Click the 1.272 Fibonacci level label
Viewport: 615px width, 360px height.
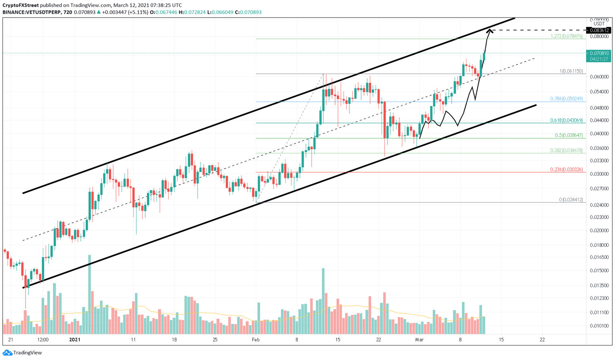566,36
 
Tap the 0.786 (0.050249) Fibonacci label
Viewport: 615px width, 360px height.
566,99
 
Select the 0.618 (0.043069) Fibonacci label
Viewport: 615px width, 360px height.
566,120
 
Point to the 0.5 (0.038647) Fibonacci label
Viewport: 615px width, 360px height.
569,135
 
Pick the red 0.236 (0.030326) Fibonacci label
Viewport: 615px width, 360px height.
566,169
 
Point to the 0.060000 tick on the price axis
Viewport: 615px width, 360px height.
599,77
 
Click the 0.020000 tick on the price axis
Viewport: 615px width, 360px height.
599,231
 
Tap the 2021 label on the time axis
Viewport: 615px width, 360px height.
75,340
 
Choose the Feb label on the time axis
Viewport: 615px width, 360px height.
255,340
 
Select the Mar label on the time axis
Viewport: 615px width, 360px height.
419,340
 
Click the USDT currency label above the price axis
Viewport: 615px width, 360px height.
599,24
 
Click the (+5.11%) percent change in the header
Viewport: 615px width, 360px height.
137,12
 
